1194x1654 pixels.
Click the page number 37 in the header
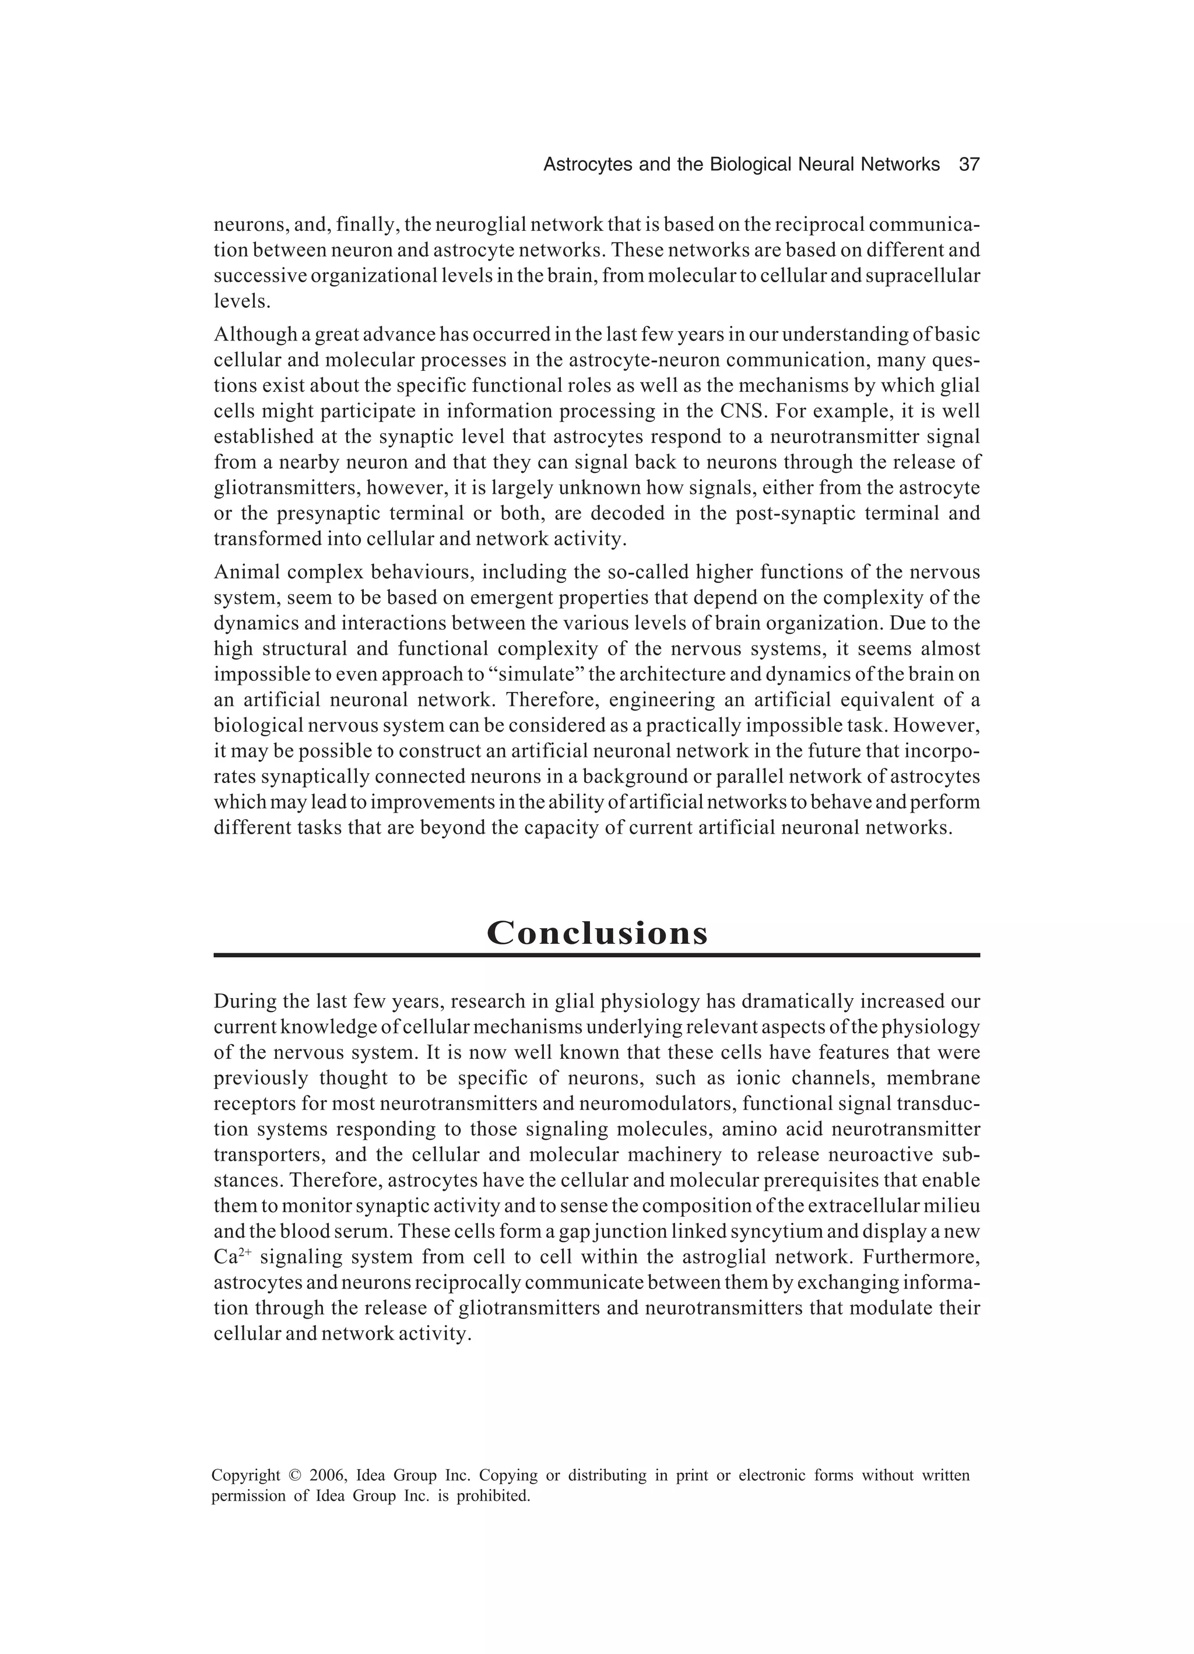(x=968, y=165)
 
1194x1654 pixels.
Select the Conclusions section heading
(x=596, y=933)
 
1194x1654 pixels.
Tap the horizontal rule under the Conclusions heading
(x=596, y=956)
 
